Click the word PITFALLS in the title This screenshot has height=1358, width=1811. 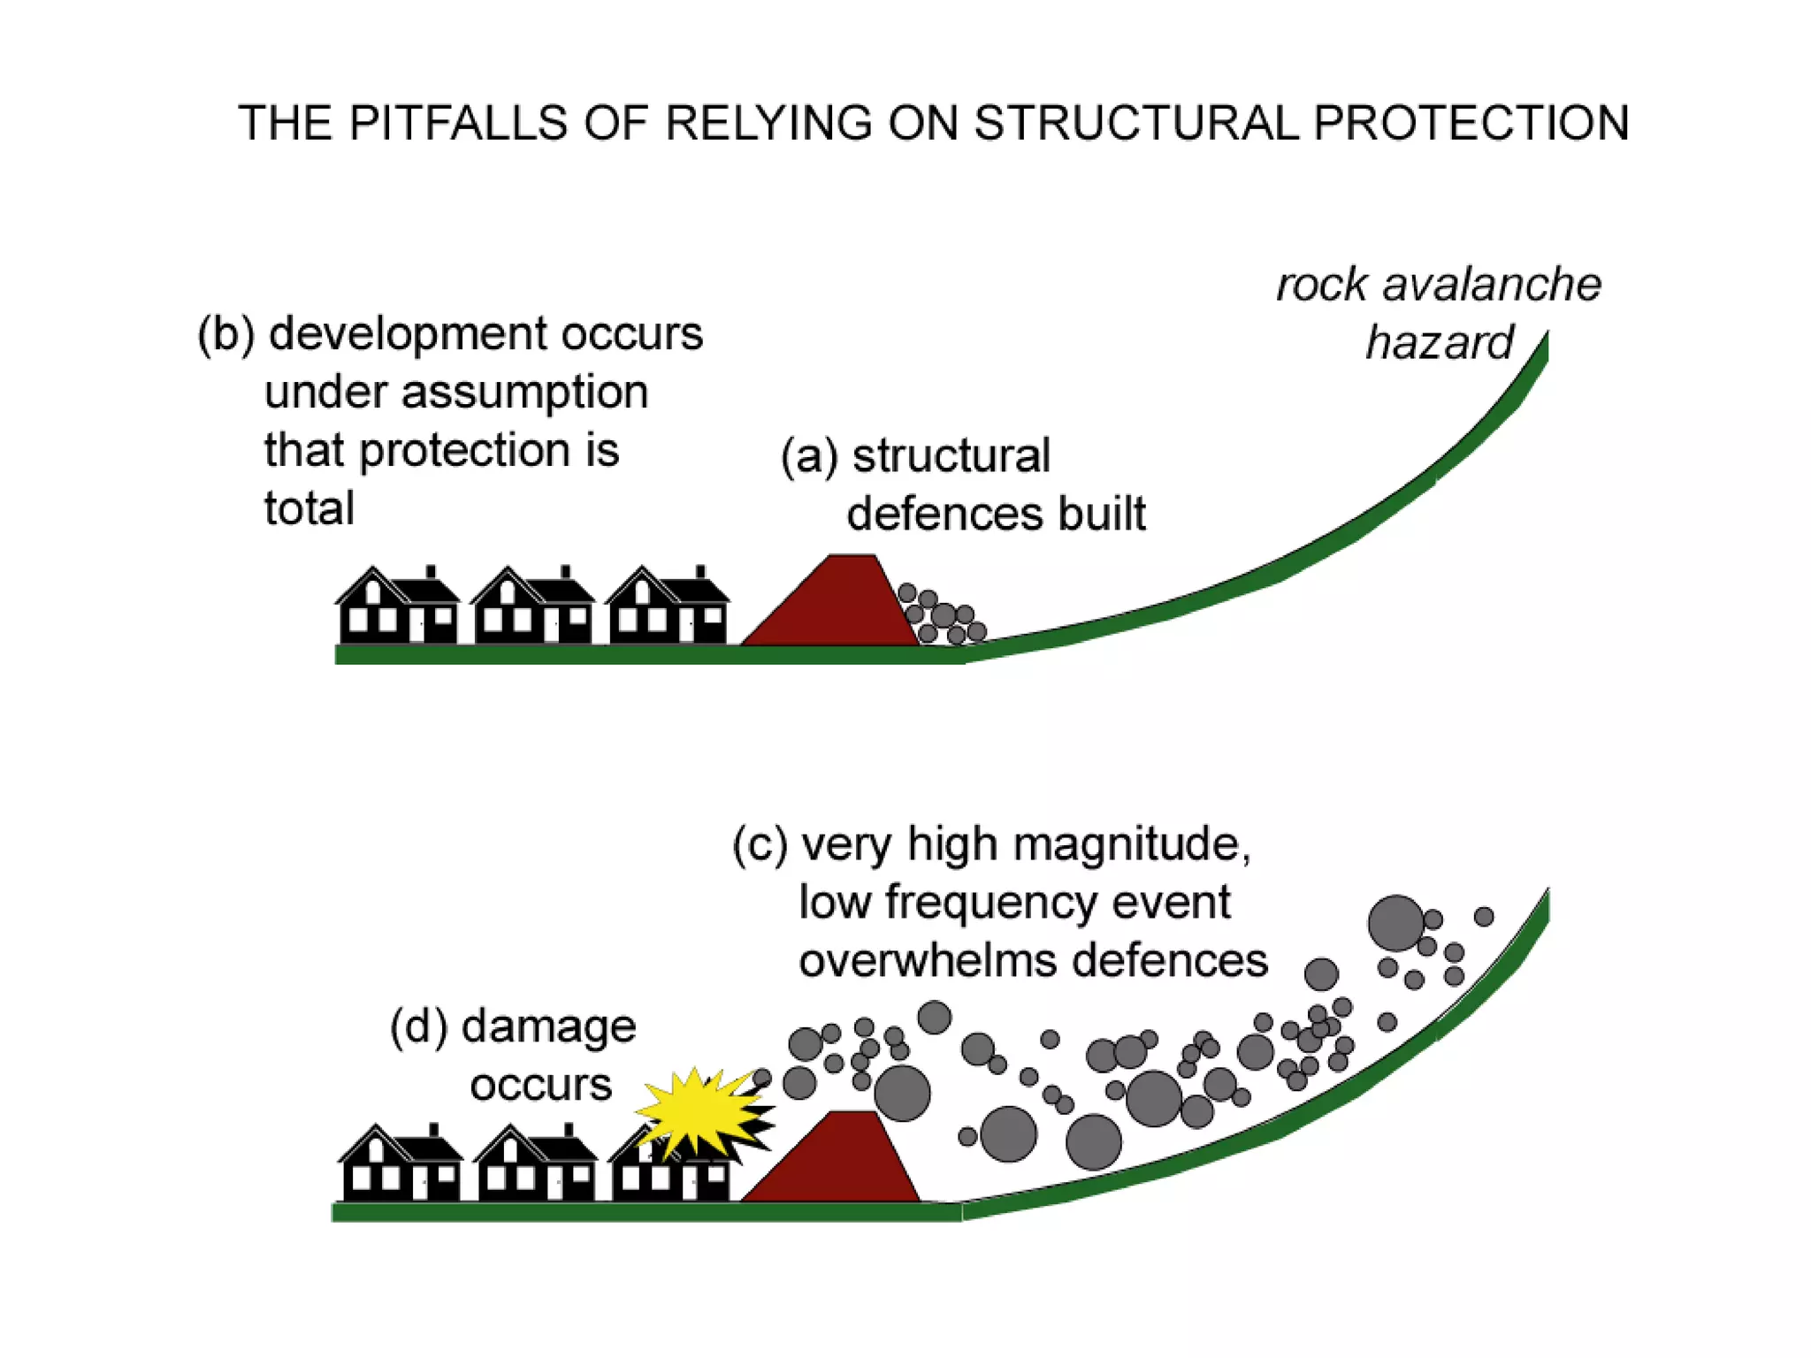[x=456, y=123]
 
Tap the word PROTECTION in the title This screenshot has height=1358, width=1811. [x=1471, y=123]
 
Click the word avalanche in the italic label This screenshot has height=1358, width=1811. [x=1492, y=285]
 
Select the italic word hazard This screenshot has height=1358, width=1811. [x=1440, y=343]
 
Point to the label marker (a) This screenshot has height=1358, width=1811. [x=808, y=457]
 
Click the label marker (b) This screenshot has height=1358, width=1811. [x=225, y=335]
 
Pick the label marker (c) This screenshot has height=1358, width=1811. [x=760, y=844]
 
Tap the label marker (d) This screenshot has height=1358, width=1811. [x=418, y=1027]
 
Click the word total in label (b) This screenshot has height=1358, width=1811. [x=309, y=508]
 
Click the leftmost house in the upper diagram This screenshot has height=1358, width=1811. [x=398, y=607]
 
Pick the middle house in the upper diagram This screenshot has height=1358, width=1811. [x=533, y=607]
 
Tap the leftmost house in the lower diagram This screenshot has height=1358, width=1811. [x=401, y=1164]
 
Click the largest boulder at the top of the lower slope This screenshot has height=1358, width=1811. [x=1395, y=923]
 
